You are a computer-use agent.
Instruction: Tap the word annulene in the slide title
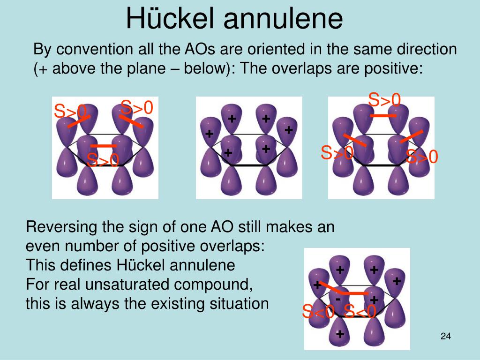coord(283,18)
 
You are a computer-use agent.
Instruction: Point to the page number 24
coord(446,336)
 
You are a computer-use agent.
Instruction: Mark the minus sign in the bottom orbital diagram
coord(338,299)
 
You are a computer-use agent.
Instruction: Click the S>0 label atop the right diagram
coord(384,99)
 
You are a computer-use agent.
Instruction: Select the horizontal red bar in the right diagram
coord(383,116)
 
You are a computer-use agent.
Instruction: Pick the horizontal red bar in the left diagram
coord(104,146)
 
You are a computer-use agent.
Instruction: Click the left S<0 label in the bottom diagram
coord(318,312)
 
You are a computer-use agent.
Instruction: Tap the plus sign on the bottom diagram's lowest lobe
coord(340,334)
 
